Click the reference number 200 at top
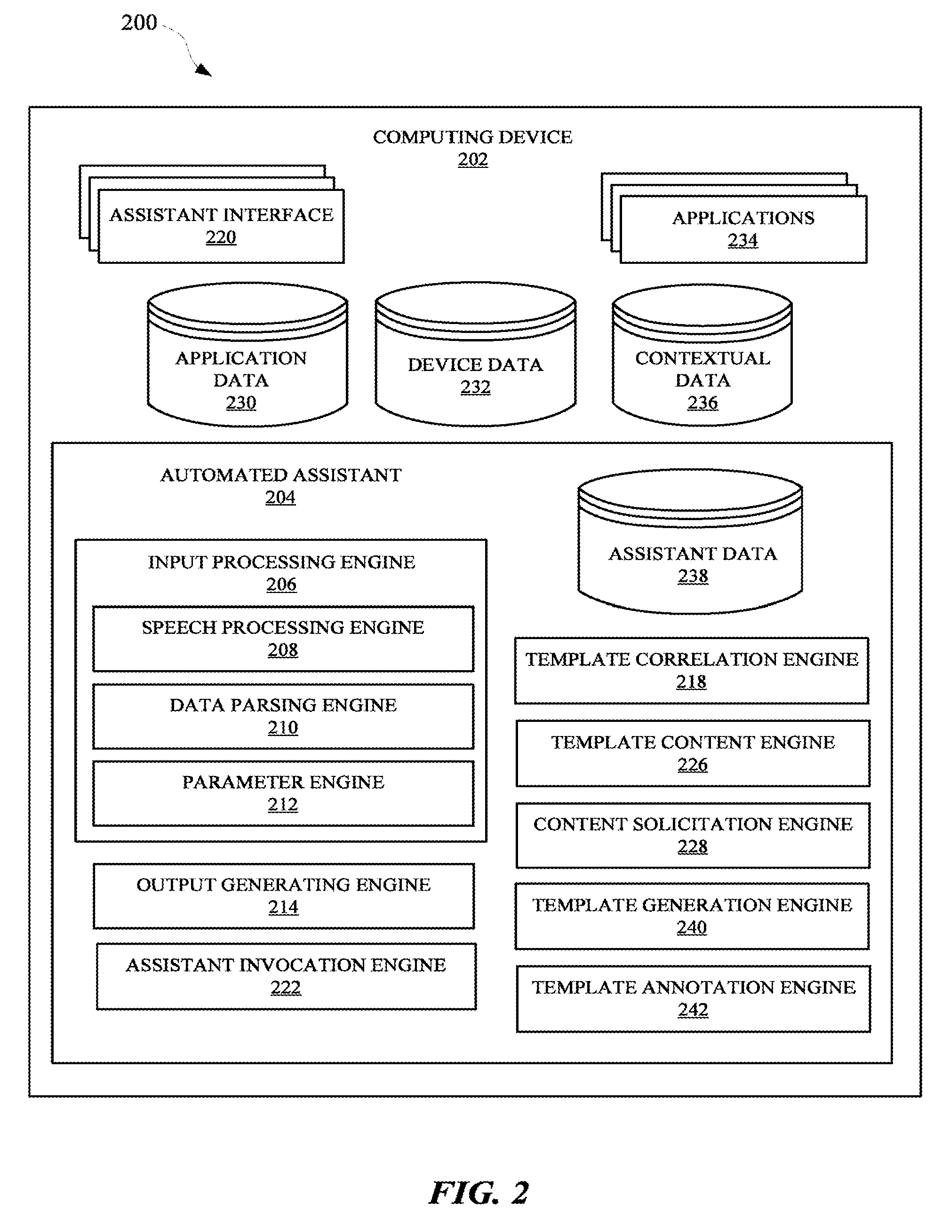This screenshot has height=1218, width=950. pos(139,23)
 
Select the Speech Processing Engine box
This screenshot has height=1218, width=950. pos(283,639)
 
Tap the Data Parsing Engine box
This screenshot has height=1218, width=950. pos(283,716)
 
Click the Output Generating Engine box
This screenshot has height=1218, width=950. pos(284,896)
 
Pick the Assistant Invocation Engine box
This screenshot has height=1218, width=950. pos(286,977)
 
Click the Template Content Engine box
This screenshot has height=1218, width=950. pos(693,753)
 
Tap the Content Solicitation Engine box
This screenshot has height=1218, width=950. pos(693,835)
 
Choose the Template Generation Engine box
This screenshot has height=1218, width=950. pos(692,916)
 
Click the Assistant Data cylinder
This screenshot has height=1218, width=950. pos(691,542)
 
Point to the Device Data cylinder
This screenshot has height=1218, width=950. pos(475,354)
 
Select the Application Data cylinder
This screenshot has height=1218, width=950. pos(247,355)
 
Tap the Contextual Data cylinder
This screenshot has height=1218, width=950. pos(702,355)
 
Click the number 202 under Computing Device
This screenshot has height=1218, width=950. pos(473,159)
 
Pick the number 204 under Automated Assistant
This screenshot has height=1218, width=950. pos(280,498)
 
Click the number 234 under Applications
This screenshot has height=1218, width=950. pos(743,240)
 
